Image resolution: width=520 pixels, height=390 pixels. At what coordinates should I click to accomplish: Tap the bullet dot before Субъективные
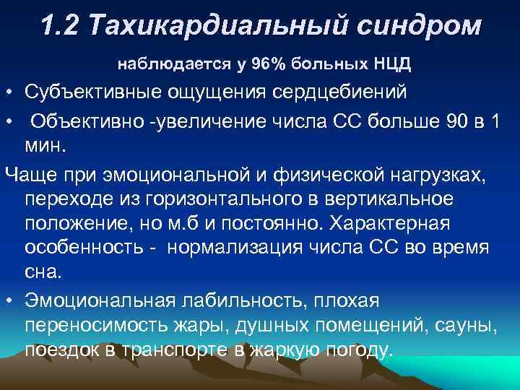[x=6, y=94]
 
